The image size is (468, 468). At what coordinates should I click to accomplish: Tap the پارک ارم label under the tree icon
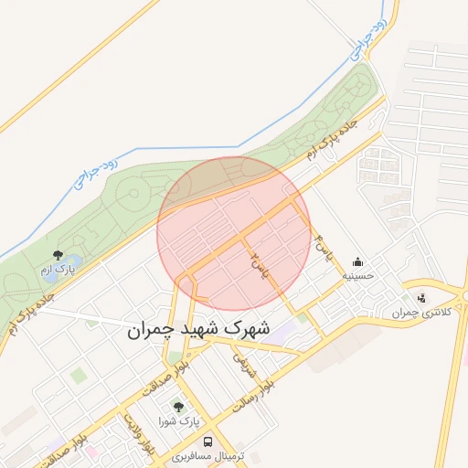point(58,270)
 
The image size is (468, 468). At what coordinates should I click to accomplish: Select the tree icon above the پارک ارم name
point(58,254)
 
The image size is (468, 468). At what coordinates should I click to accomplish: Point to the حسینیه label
point(356,275)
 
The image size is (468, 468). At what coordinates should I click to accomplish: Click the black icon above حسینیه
point(356,261)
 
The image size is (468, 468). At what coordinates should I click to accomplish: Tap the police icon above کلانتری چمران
point(421,298)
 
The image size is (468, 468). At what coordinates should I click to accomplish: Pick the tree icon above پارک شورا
point(177,407)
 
